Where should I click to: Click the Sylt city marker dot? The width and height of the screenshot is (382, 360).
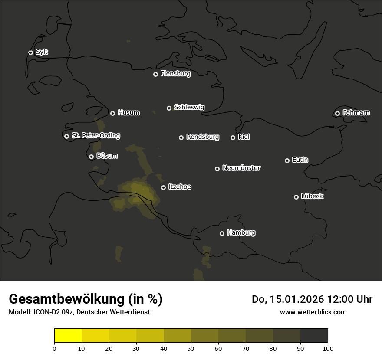click(x=30, y=52)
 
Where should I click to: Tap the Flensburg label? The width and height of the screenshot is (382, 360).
click(x=175, y=74)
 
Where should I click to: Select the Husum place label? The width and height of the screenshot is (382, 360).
click(x=128, y=113)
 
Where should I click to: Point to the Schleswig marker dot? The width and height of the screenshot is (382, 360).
click(x=169, y=108)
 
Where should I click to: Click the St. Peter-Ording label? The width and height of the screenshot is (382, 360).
click(x=95, y=136)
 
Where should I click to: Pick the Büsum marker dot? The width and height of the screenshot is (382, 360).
click(x=91, y=157)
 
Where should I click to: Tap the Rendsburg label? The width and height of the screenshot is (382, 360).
click(x=202, y=137)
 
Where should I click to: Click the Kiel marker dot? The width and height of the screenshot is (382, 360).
click(x=233, y=137)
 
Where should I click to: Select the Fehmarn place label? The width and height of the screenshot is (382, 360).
click(x=356, y=113)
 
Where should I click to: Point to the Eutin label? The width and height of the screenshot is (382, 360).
click(x=300, y=160)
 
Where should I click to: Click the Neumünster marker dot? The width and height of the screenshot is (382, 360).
click(x=217, y=169)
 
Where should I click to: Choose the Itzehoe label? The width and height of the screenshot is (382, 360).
click(x=180, y=187)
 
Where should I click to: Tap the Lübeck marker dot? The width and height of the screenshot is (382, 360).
click(x=296, y=197)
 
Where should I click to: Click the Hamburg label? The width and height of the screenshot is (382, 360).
click(x=241, y=233)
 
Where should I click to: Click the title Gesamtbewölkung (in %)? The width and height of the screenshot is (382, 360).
click(x=86, y=299)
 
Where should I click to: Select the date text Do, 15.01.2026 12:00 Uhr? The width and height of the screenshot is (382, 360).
click(x=312, y=299)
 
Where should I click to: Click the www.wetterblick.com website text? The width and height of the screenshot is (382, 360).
click(x=313, y=312)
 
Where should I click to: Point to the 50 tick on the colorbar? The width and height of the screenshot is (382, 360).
click(x=191, y=348)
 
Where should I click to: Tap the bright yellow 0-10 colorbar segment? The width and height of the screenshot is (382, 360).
click(x=68, y=336)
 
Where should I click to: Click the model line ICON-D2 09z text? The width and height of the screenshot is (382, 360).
click(x=79, y=312)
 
